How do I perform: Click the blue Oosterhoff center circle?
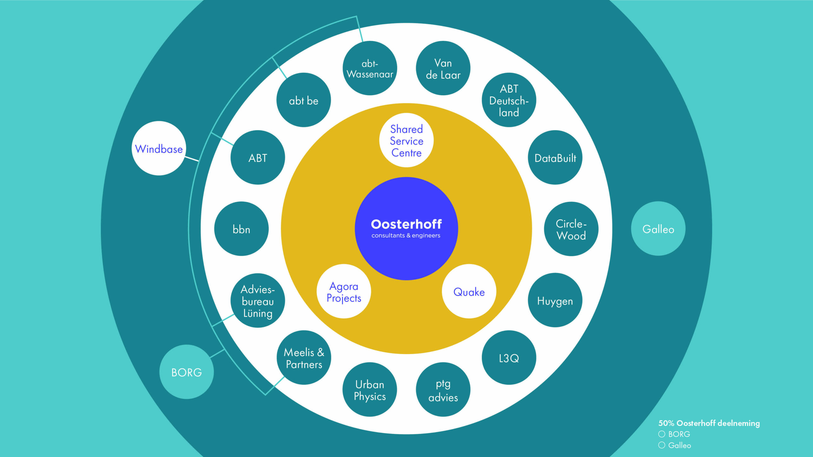point(406,228)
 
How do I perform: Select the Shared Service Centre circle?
point(406,140)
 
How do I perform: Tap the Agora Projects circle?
point(344,291)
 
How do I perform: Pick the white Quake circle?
point(469,291)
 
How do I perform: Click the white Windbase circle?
point(159,148)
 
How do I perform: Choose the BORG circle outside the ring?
point(186,372)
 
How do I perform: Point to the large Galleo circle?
point(658,228)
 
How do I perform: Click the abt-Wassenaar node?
point(370,68)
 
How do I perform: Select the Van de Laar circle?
point(443,68)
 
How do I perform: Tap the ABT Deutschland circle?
point(509,100)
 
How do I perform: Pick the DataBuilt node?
point(555,157)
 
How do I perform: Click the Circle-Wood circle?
point(571,229)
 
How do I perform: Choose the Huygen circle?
point(555,300)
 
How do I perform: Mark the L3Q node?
point(509,358)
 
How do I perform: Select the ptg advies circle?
point(443,389)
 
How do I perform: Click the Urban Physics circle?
point(370,389)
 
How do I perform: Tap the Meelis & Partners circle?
point(304,358)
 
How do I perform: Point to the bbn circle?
point(241,229)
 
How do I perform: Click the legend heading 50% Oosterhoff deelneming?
point(709,423)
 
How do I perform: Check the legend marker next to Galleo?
point(662,445)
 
